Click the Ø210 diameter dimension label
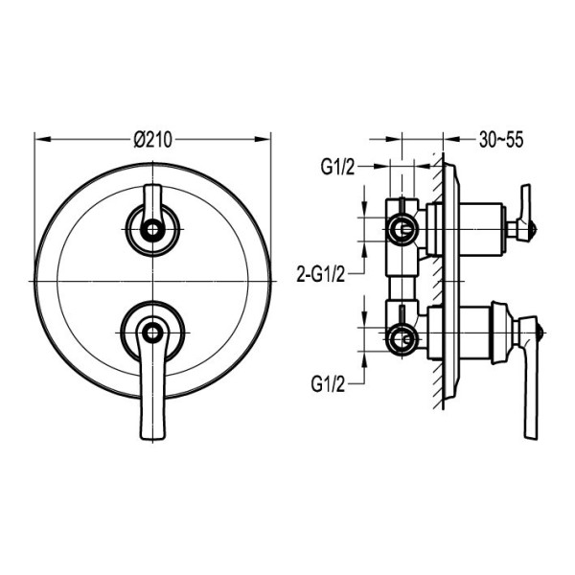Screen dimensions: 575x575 point(152,140)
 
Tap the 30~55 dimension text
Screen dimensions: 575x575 point(501,139)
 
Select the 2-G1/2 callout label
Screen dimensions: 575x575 point(321,274)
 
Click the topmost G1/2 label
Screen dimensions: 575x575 point(337,168)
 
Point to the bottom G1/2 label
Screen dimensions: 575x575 point(328,384)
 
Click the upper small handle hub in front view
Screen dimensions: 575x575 point(152,230)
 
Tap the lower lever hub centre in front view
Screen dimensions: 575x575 point(152,333)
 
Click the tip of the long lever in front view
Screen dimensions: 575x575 point(152,439)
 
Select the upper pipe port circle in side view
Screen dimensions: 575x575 point(402,230)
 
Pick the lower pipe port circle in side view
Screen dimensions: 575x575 point(402,339)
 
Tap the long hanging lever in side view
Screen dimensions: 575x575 point(531,378)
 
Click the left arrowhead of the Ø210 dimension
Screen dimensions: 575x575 point(42,139)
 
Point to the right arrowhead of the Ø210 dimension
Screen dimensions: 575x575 point(263,139)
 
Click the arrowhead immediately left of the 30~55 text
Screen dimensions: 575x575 point(451,139)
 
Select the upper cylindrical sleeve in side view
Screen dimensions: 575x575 point(480,230)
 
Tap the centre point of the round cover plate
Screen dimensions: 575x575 point(152,281)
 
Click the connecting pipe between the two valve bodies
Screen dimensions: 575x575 point(402,288)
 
